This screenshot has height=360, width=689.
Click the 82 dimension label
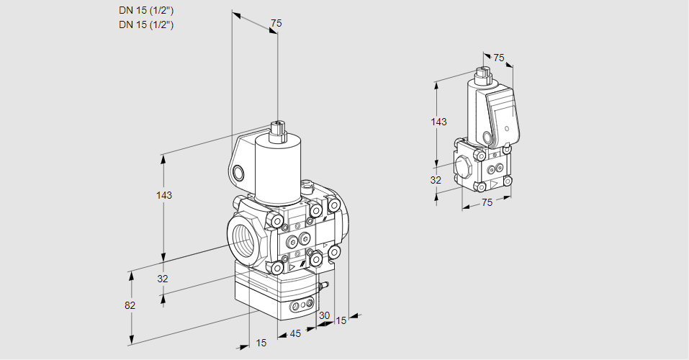tap(130, 305)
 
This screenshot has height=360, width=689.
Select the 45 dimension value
tap(294, 334)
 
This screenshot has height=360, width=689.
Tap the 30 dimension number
tap(324, 315)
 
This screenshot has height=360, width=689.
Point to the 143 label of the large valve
tap(164, 195)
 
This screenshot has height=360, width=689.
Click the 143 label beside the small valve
tap(438, 122)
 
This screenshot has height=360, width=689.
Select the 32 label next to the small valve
tap(436, 180)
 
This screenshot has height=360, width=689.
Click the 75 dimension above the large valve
tap(276, 24)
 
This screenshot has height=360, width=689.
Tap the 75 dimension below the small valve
tap(487, 203)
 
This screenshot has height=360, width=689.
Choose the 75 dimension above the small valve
tap(499, 58)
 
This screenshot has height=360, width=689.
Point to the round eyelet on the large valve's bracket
tap(238, 172)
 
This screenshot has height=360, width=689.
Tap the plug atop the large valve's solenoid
tap(277, 132)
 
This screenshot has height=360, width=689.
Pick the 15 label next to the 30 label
tap(341, 320)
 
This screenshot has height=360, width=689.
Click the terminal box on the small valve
tap(503, 115)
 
